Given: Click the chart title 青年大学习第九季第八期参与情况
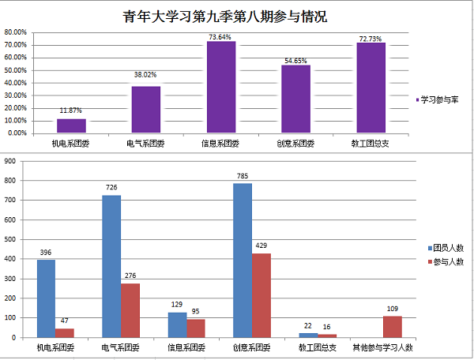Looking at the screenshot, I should click(x=224, y=16).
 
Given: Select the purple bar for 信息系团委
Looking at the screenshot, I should click(x=221, y=87).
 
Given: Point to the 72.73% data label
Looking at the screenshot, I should click(x=371, y=38).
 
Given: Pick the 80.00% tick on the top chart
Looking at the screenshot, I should click(x=16, y=32).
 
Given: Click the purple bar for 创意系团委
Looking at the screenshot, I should click(x=295, y=99).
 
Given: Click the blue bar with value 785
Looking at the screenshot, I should click(x=243, y=260).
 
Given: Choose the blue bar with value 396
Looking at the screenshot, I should click(x=46, y=298).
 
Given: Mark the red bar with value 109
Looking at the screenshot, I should click(x=393, y=326).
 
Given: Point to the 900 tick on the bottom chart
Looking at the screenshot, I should click(x=10, y=161).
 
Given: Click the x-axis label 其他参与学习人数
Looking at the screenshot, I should click(x=383, y=347).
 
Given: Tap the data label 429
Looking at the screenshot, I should click(x=261, y=247).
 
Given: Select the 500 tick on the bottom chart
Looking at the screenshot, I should click(x=10, y=239).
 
